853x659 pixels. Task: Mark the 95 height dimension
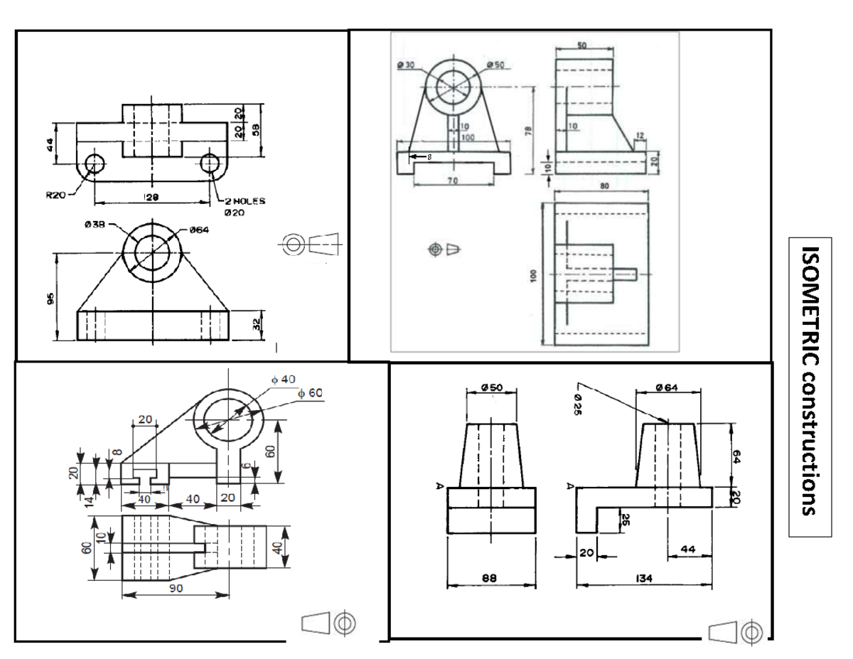[x=50, y=299]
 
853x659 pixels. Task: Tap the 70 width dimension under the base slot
[x=451, y=181]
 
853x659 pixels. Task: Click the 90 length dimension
[x=176, y=588]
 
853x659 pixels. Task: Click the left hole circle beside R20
[x=93, y=164]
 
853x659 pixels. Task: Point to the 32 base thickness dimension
[x=257, y=325]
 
